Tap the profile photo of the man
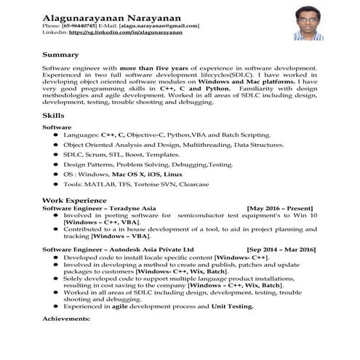[308, 23]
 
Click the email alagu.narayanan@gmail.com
[159, 26]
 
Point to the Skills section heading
[52, 116]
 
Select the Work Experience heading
[70, 199]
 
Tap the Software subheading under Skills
[57, 127]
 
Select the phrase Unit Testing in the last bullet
[231, 306]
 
